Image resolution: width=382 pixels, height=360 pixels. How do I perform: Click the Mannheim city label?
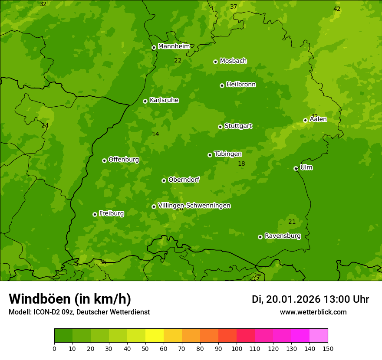coord(174,46)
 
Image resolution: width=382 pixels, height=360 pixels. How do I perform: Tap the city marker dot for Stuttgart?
coord(220,127)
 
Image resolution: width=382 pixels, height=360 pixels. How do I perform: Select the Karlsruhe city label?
coord(164,100)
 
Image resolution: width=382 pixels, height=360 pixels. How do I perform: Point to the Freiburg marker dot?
coord(95,214)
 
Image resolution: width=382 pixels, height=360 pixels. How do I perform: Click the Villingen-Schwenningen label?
coord(194,206)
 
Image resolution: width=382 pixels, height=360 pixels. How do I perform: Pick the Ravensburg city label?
coord(282,236)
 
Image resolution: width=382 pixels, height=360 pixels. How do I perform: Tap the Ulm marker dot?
coord(296,168)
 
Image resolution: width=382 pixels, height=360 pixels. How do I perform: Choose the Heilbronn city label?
coord(240,85)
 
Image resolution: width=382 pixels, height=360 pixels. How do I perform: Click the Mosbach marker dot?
coord(215,62)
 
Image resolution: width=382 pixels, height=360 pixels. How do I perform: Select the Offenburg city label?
coord(123,160)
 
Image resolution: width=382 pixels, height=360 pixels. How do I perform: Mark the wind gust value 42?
coord(337,9)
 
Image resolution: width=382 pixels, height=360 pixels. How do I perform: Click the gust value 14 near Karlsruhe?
coord(155,134)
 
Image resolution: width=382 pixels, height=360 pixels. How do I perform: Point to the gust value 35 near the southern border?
coord(103,262)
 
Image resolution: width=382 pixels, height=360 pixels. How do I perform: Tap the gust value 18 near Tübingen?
coord(241,164)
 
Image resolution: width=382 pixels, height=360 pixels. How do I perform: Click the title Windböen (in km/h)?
coord(70,299)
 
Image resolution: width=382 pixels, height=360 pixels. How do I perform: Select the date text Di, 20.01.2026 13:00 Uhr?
coord(310,299)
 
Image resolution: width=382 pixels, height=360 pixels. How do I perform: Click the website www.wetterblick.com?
coord(313,312)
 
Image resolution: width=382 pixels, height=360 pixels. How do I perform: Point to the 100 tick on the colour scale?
coord(237,348)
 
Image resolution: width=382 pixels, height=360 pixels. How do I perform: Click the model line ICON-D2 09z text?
coord(79,312)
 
